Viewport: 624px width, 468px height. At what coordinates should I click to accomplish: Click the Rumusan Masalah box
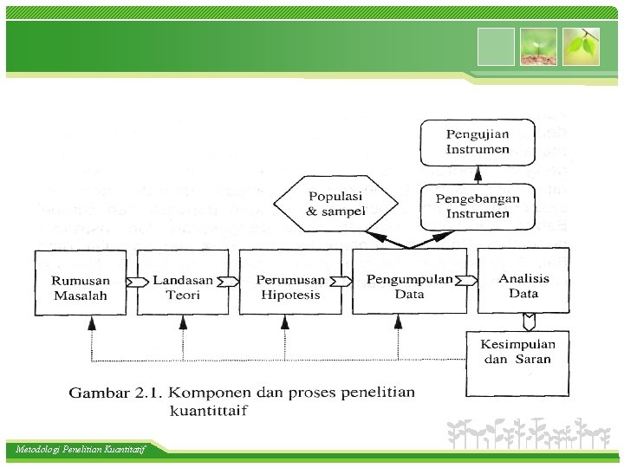point(80,283)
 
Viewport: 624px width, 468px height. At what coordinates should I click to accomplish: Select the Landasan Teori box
point(183,283)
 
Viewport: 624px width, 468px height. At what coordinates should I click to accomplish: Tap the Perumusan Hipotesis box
point(289,283)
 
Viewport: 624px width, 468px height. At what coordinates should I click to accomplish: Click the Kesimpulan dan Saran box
point(517,352)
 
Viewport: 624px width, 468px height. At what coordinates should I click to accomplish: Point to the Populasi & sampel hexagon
point(335,205)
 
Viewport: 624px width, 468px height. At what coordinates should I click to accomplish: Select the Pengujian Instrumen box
point(478,142)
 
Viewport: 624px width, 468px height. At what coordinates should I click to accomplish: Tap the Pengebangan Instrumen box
point(478,206)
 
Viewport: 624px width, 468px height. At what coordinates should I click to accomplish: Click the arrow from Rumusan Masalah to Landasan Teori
point(133,282)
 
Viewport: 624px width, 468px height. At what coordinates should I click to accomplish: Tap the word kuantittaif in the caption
point(208,410)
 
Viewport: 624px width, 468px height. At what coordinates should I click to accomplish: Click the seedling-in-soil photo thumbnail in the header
point(537,47)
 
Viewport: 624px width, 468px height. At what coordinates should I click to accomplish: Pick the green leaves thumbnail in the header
point(580,47)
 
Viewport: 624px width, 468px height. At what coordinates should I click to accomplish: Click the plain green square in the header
point(495,47)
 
